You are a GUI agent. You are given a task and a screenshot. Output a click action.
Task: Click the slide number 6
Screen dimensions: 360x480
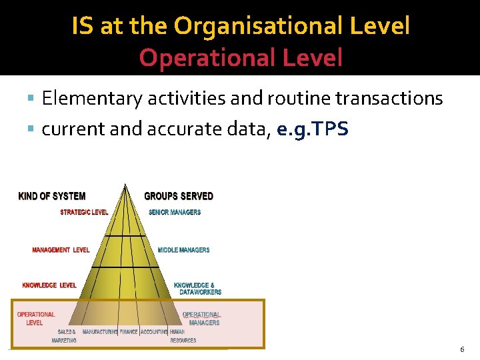(462, 349)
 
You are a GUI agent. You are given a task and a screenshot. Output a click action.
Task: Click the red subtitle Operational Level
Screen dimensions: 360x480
(241, 58)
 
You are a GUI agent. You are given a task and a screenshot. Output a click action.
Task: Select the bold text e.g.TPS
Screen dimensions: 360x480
(312, 128)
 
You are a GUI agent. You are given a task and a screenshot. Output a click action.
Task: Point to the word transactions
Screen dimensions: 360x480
(389, 99)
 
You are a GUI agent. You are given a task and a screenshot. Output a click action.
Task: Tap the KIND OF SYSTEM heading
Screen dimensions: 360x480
(52, 196)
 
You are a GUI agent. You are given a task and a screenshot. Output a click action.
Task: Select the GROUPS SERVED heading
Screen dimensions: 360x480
(179, 196)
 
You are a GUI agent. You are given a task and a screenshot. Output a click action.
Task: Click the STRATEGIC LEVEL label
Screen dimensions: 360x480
(84, 213)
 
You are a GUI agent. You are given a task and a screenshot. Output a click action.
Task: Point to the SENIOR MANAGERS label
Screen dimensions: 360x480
(175, 213)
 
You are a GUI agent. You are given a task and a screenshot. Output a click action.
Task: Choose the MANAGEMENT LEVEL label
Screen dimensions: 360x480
(61, 250)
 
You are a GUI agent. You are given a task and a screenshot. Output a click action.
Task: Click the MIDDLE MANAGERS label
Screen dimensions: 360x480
(183, 250)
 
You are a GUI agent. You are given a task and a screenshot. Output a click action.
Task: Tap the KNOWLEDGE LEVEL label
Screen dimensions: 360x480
(49, 285)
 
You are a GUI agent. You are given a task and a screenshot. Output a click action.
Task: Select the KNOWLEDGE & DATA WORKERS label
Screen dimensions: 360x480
(197, 289)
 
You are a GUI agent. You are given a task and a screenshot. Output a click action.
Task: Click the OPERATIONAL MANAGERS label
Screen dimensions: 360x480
(202, 319)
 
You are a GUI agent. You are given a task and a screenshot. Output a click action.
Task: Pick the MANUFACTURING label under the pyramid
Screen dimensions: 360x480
(100, 332)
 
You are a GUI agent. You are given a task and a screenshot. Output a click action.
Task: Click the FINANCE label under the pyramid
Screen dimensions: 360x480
(129, 332)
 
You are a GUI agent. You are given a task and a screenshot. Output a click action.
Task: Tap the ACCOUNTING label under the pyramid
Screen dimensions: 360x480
(154, 332)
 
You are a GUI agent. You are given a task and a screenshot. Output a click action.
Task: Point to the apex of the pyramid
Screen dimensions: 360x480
(125, 185)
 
